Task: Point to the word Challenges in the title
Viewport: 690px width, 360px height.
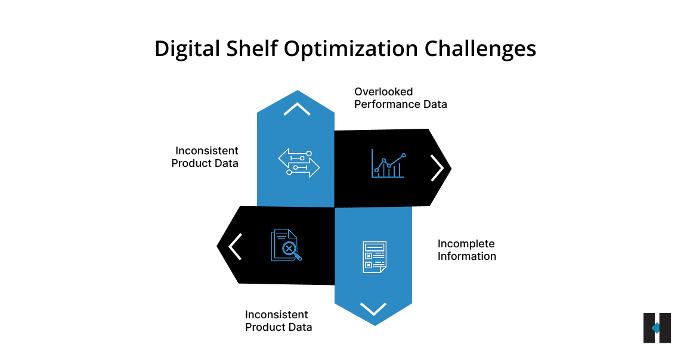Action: pyautogui.click(x=480, y=49)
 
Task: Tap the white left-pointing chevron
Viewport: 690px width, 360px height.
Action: pyautogui.click(x=235, y=246)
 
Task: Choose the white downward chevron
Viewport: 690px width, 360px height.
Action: pyautogui.click(x=373, y=308)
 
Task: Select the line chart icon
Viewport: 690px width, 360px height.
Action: pyautogui.click(x=389, y=164)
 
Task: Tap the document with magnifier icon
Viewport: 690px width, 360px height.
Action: pyautogui.click(x=286, y=245)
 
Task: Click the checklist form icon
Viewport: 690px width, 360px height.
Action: pyautogui.click(x=375, y=257)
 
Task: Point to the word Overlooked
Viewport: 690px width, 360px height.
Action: pyautogui.click(x=383, y=92)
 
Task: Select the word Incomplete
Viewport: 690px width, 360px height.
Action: pyautogui.click(x=466, y=244)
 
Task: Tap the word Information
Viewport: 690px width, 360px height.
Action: pyautogui.click(x=467, y=256)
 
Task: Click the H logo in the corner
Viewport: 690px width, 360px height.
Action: pyautogui.click(x=657, y=328)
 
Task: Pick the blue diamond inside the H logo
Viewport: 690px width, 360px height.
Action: pyautogui.click(x=655, y=328)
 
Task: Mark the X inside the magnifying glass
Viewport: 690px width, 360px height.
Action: pyautogui.click(x=289, y=248)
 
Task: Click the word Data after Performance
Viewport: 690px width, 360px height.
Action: pyautogui.click(x=436, y=104)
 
